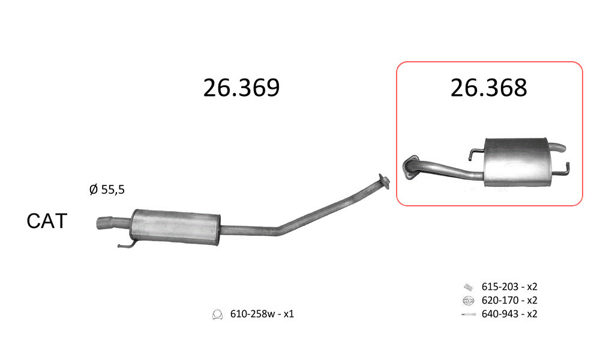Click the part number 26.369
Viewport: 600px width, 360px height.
click(241, 88)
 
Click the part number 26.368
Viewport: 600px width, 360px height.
click(488, 88)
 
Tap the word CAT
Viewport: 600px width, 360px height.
click(47, 221)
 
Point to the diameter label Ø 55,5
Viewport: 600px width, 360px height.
click(107, 189)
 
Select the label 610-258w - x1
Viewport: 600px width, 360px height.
click(262, 314)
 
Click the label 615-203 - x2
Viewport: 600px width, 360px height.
click(509, 287)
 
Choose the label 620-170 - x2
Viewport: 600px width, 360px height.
click(509, 301)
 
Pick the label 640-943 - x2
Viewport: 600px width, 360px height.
click(509, 314)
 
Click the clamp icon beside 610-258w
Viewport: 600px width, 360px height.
click(217, 314)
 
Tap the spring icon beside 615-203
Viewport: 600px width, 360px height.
click(469, 287)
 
